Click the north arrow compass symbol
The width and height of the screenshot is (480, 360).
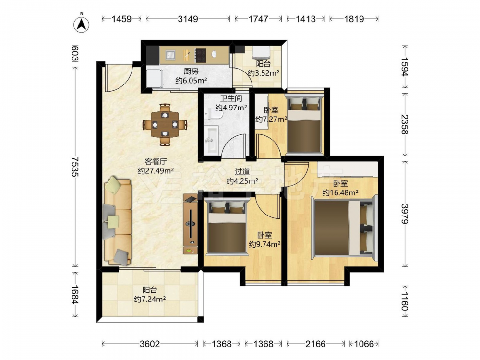82,24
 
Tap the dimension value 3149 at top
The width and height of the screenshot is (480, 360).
188,19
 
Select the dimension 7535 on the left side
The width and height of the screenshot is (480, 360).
75,167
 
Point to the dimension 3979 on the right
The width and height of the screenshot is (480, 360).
405,214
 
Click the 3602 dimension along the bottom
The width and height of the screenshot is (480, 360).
150,344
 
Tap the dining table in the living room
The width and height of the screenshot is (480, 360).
165,125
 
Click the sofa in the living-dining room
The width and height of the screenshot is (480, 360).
118,221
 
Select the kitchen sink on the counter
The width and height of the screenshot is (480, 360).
170,55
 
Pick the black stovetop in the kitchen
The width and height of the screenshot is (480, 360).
201,55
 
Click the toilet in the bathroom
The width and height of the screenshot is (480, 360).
214,115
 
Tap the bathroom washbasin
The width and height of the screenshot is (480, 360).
211,139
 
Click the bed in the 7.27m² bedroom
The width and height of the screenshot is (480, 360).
304,124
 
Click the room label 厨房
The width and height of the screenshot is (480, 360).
191,72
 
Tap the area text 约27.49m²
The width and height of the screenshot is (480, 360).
156,171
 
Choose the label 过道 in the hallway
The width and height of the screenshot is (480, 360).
242,172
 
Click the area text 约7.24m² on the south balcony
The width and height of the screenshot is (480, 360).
150,299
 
